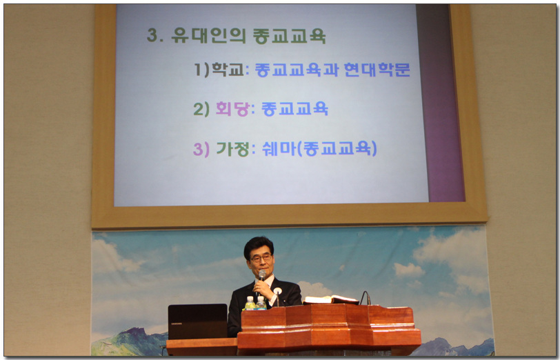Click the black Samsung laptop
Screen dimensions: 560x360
[197, 321]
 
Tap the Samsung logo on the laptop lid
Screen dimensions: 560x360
[177, 323]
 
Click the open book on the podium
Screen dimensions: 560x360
[331, 299]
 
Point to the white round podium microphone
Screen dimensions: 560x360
[277, 292]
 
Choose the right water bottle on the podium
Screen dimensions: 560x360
[261, 303]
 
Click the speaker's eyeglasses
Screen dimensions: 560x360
[261, 258]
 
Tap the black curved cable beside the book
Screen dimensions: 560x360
[365, 297]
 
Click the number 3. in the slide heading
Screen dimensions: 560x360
[155, 35]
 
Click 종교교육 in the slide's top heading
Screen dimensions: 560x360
[289, 36]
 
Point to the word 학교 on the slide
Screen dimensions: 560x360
[228, 69]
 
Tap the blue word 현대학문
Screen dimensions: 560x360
[377, 69]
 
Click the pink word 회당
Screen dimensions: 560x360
[232, 109]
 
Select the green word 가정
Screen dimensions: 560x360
[233, 148]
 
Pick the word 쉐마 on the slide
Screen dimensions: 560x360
[279, 148]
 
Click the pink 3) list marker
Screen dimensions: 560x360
[201, 149]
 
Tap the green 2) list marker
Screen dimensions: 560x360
[201, 109]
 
